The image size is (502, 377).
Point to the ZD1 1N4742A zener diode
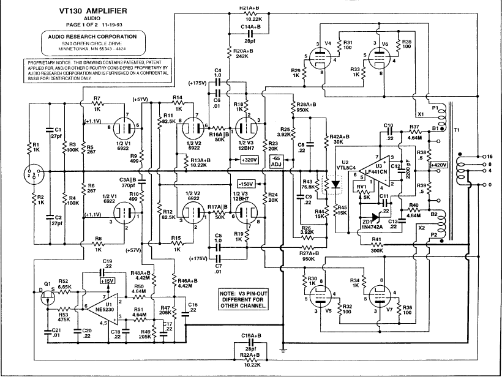pyautogui.click(x=369, y=215)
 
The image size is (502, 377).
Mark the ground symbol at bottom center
pyautogui.click(x=282, y=350)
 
